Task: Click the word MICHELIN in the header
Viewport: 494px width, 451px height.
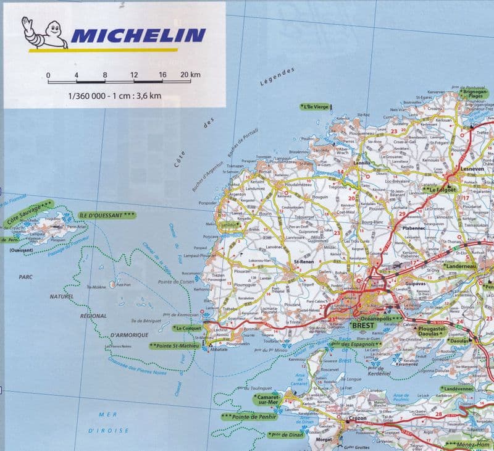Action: tap(139, 35)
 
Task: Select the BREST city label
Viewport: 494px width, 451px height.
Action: tap(362, 324)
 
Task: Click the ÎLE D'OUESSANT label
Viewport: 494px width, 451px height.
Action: tap(107, 214)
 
